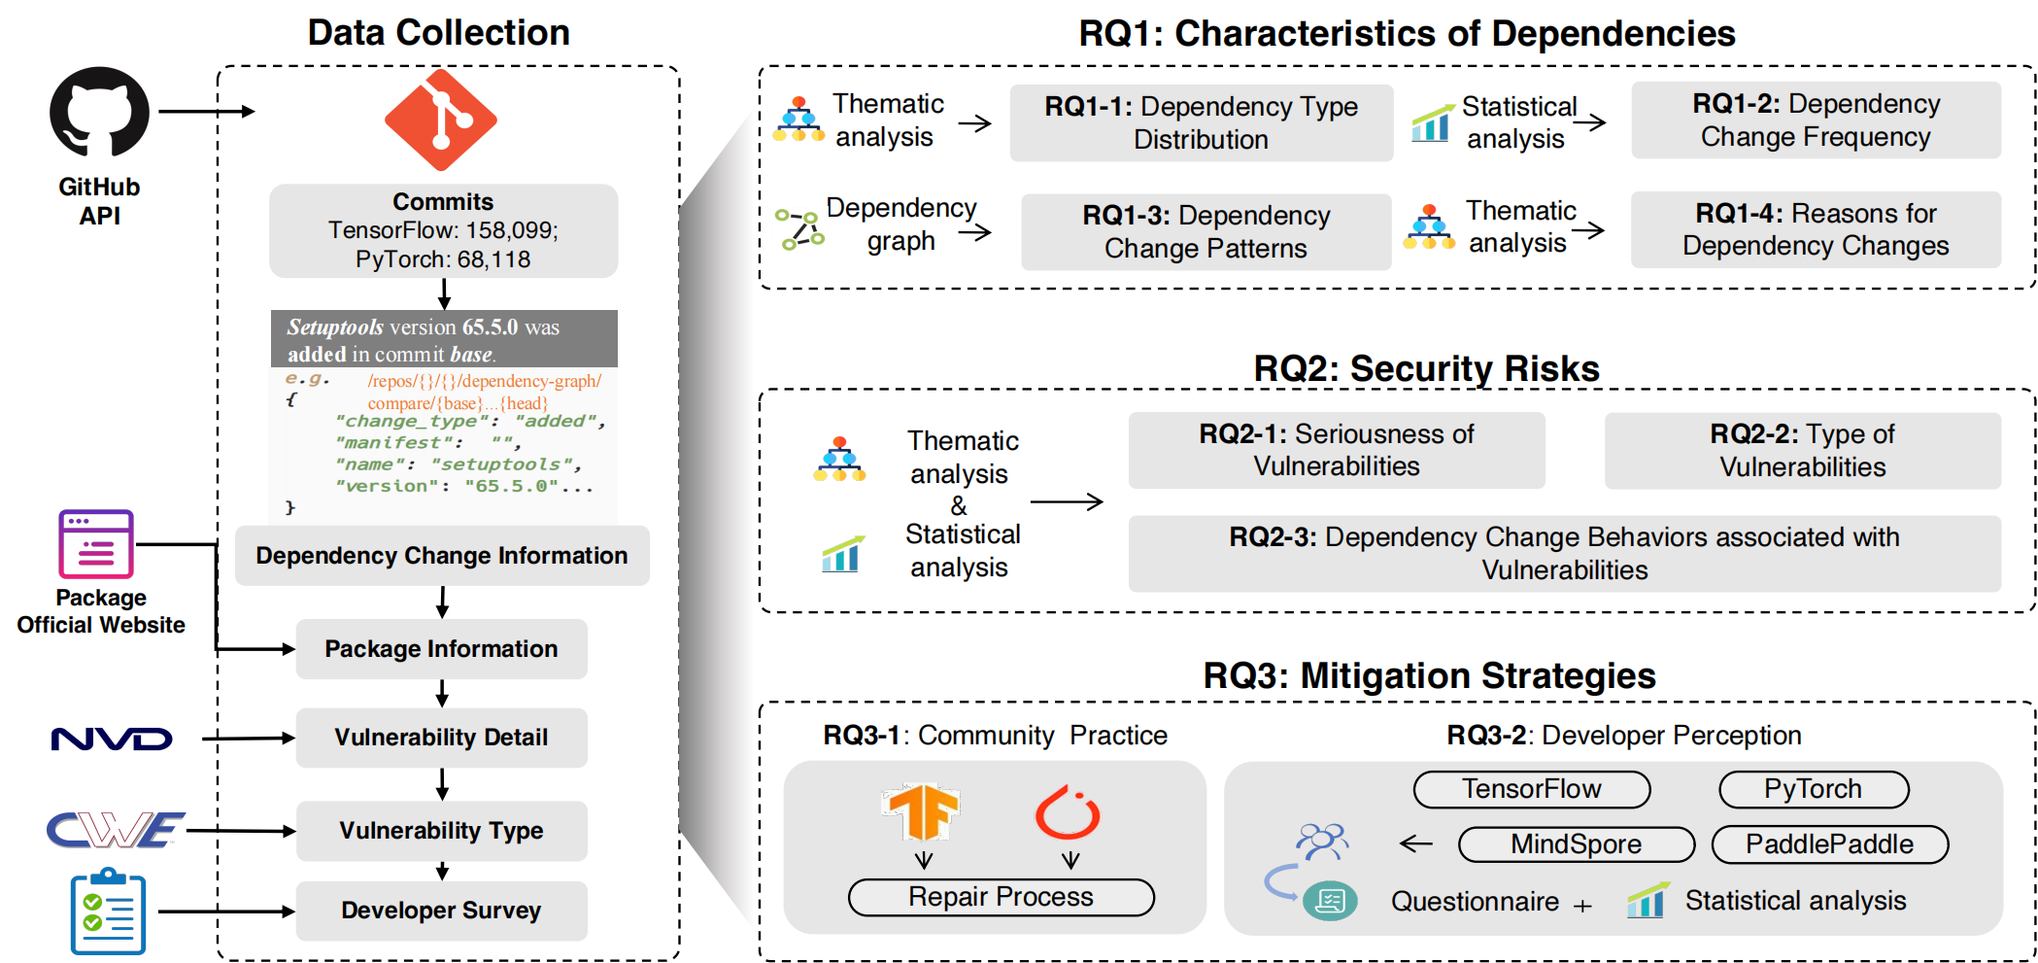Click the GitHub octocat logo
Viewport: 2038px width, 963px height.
point(99,112)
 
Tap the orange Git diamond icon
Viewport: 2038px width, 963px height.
point(441,120)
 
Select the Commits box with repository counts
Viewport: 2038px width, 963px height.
point(443,230)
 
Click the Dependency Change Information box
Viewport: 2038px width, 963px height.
point(442,556)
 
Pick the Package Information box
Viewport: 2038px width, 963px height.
point(441,649)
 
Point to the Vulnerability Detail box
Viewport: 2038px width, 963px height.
point(441,738)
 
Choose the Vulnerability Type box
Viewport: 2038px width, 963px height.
point(441,831)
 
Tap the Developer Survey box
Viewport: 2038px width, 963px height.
point(441,911)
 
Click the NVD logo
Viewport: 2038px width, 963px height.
point(112,739)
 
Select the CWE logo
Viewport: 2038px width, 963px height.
point(116,830)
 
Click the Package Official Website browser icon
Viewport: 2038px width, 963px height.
point(96,544)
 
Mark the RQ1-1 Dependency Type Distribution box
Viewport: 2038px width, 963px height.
point(1201,122)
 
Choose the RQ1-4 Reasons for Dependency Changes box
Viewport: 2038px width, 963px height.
point(1815,229)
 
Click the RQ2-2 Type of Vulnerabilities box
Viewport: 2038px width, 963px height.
point(1802,451)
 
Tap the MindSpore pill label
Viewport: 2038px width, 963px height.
point(1576,844)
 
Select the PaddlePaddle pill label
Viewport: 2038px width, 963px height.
point(1829,844)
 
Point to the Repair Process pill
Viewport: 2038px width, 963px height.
point(1001,897)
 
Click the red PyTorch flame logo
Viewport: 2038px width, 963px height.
point(1068,812)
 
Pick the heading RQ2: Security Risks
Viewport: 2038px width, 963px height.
point(1426,369)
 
